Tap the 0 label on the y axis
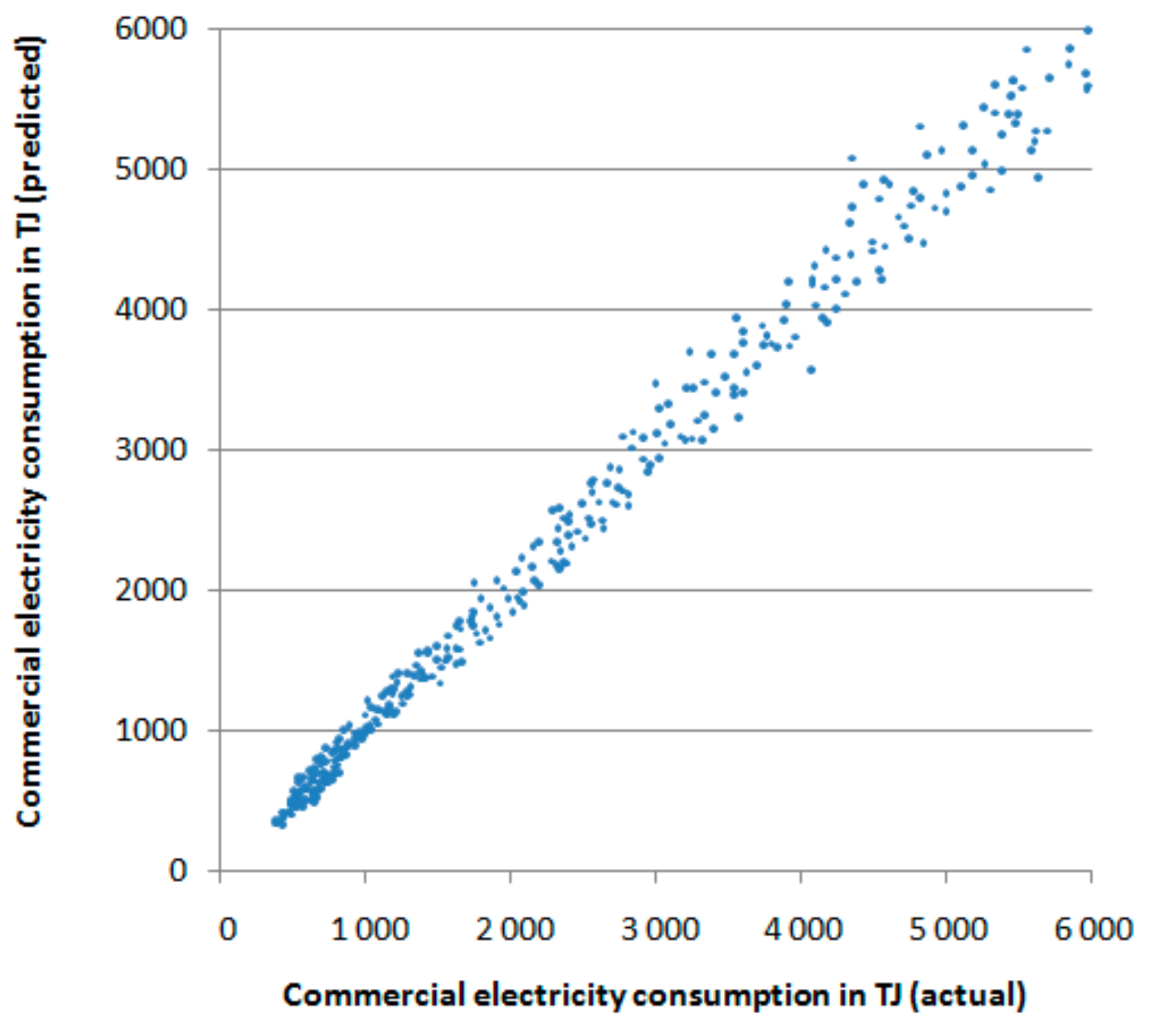pyautogui.click(x=178, y=871)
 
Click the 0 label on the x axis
pyautogui.click(x=227, y=930)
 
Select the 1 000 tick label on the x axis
pyautogui.click(x=369, y=930)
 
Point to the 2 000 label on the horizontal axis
pyautogui.click(x=515, y=930)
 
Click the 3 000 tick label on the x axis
pyautogui.click(x=660, y=930)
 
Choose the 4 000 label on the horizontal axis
pyautogui.click(x=803, y=930)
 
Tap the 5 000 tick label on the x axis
pyautogui.click(x=948, y=930)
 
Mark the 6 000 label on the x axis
pyautogui.click(x=1093, y=930)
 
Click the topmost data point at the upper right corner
pyautogui.click(x=1088, y=30)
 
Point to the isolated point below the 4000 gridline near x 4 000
pyautogui.click(x=811, y=370)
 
